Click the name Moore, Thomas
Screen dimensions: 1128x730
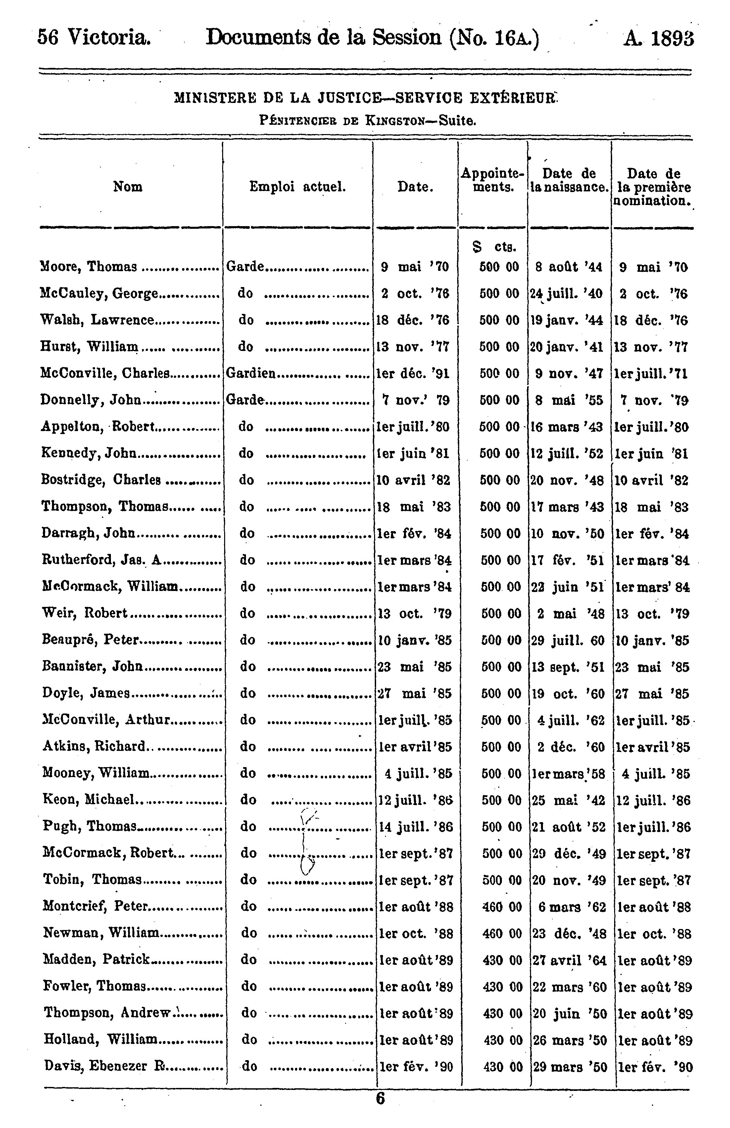pos(89,267)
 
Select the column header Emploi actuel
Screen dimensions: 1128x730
pos(298,187)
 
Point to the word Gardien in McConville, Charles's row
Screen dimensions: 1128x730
pos(250,373)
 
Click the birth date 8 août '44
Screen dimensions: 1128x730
pos(569,267)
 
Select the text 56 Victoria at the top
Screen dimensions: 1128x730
pos(94,37)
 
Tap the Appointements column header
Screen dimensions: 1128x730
pos(493,180)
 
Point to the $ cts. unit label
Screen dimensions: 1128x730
pos(494,247)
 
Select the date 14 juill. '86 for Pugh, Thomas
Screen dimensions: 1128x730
pos(415,827)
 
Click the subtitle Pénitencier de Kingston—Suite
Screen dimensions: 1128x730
pos(367,121)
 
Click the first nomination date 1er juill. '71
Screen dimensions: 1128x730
pos(652,374)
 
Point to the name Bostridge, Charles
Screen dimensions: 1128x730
pos(101,480)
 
